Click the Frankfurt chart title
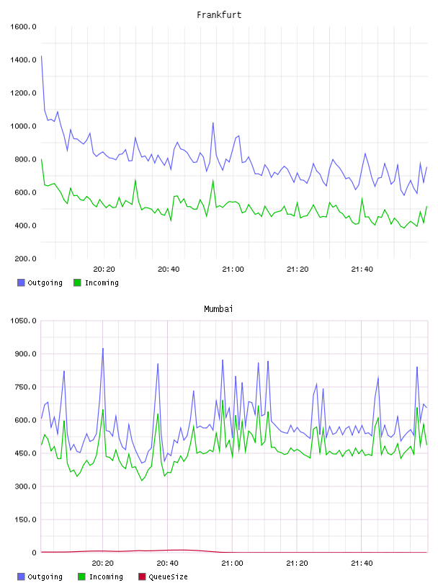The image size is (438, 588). click(219, 15)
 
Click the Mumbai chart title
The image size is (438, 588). click(218, 309)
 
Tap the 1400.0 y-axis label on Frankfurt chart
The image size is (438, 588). click(23, 60)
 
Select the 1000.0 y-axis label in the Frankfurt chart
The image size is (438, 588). click(23, 126)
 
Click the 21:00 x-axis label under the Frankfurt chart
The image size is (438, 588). click(233, 269)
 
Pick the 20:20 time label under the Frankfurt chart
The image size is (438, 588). click(104, 269)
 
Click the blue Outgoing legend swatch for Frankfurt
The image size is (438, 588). click(21, 282)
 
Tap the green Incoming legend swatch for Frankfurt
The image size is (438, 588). click(77, 282)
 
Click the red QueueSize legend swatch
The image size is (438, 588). click(142, 576)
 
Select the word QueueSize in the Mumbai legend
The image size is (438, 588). click(168, 576)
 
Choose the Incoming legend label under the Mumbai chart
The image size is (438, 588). click(106, 576)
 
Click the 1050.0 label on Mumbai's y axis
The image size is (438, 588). click(23, 321)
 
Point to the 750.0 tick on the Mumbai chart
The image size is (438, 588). click(25, 387)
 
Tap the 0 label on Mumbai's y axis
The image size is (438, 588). click(34, 553)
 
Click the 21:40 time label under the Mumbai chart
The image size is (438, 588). click(362, 563)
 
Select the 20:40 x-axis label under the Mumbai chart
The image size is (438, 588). click(168, 563)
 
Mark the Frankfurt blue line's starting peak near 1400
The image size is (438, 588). click(41, 56)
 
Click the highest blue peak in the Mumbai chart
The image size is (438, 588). click(103, 349)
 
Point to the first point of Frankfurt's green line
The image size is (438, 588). click(41, 159)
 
